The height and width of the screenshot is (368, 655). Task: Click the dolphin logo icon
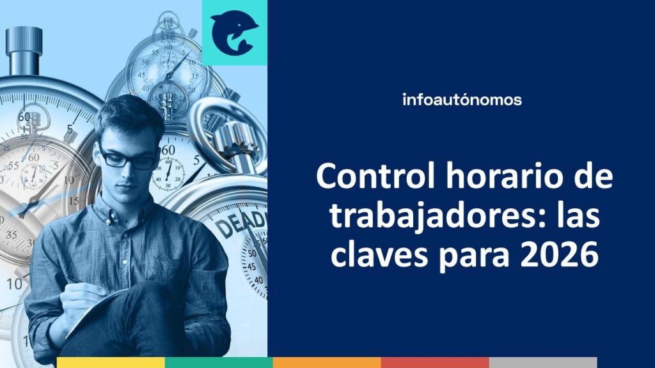tap(233, 33)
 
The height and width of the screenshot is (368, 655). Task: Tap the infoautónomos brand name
tap(462, 100)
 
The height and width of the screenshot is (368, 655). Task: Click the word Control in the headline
tap(376, 176)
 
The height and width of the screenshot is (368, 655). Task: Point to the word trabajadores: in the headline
tap(438, 217)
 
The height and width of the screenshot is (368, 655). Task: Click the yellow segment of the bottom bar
tap(111, 363)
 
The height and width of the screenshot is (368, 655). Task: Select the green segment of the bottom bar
tap(219, 363)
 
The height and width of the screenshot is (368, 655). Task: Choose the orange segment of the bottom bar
tap(327, 363)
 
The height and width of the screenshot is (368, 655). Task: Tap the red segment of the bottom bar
tap(435, 363)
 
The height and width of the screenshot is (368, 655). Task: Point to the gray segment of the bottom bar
tap(543, 363)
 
